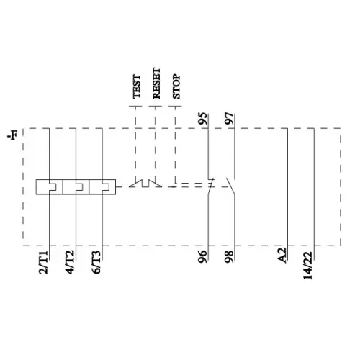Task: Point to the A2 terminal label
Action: [x=284, y=256]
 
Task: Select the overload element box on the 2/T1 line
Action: [x=48, y=187]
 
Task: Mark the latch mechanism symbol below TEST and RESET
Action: [x=144, y=184]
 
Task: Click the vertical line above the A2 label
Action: [x=287, y=187]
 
